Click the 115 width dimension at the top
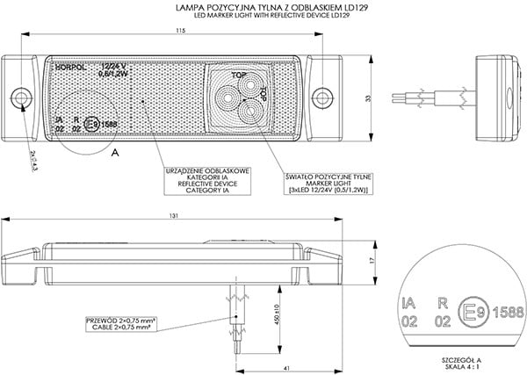[179, 32]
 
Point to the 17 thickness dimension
[371, 261]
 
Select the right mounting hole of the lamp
[328, 95]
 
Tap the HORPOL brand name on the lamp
[69, 66]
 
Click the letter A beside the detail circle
[115, 153]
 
